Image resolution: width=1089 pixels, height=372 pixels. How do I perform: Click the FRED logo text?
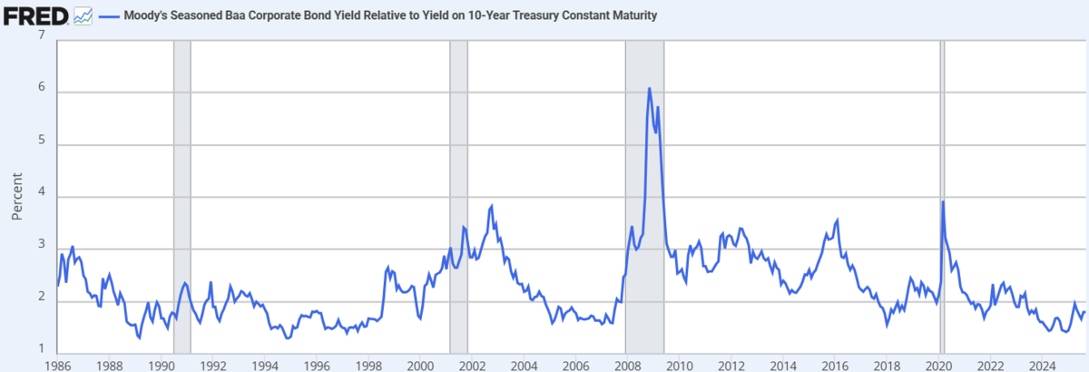tap(35, 15)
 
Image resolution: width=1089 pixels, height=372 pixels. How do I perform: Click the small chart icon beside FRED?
tap(83, 15)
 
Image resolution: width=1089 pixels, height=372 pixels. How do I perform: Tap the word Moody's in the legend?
tap(145, 16)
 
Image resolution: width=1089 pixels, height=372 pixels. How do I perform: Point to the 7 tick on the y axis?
tap(41, 35)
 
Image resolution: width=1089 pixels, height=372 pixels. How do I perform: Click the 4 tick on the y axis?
tap(41, 197)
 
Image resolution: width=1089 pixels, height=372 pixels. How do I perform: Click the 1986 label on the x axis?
tap(57, 365)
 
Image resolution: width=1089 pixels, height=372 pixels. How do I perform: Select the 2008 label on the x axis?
tap(626, 365)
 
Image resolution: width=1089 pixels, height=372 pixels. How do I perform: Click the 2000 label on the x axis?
tap(419, 365)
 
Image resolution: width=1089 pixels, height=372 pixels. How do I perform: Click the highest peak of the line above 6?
tap(650, 88)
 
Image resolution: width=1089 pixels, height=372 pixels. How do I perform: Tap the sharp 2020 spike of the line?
tap(944, 201)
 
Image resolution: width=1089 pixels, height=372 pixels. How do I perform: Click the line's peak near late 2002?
tap(491, 206)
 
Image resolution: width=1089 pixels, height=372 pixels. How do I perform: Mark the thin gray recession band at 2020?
tap(942, 272)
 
